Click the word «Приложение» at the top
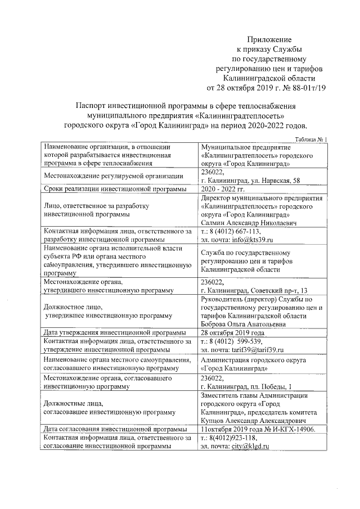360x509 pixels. point(269,40)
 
